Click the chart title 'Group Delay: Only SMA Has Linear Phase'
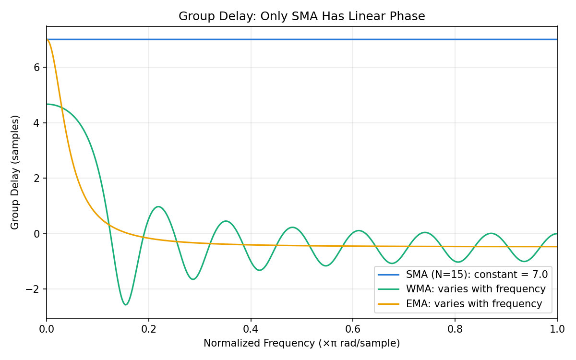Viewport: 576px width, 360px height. click(301, 16)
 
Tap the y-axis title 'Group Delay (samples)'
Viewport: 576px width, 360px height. click(15, 172)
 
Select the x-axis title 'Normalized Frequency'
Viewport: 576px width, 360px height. click(259, 343)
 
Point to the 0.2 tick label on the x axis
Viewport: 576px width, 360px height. click(149, 329)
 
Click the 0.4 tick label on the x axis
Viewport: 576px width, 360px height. click(251, 329)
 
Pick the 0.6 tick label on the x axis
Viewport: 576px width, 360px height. click(353, 329)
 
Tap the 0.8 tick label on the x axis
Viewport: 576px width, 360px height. click(455, 329)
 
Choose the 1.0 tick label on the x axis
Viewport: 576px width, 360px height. click(557, 329)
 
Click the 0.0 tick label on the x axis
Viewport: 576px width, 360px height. click(47, 329)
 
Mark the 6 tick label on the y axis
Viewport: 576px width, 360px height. click(36, 67)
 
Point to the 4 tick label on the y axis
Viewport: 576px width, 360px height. click(36, 123)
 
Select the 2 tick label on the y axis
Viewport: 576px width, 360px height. click(36, 178)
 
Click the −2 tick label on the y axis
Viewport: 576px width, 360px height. click(33, 289)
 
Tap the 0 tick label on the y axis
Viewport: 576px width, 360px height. click(36, 234)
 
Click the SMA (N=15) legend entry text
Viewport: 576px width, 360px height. click(477, 275)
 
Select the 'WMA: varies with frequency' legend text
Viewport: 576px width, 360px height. click(476, 289)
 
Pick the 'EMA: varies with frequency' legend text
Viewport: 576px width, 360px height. click(474, 304)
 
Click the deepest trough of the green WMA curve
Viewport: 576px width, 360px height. click(126, 305)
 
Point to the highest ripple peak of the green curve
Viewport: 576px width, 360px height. click(158, 207)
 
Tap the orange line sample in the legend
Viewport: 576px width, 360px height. click(388, 304)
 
